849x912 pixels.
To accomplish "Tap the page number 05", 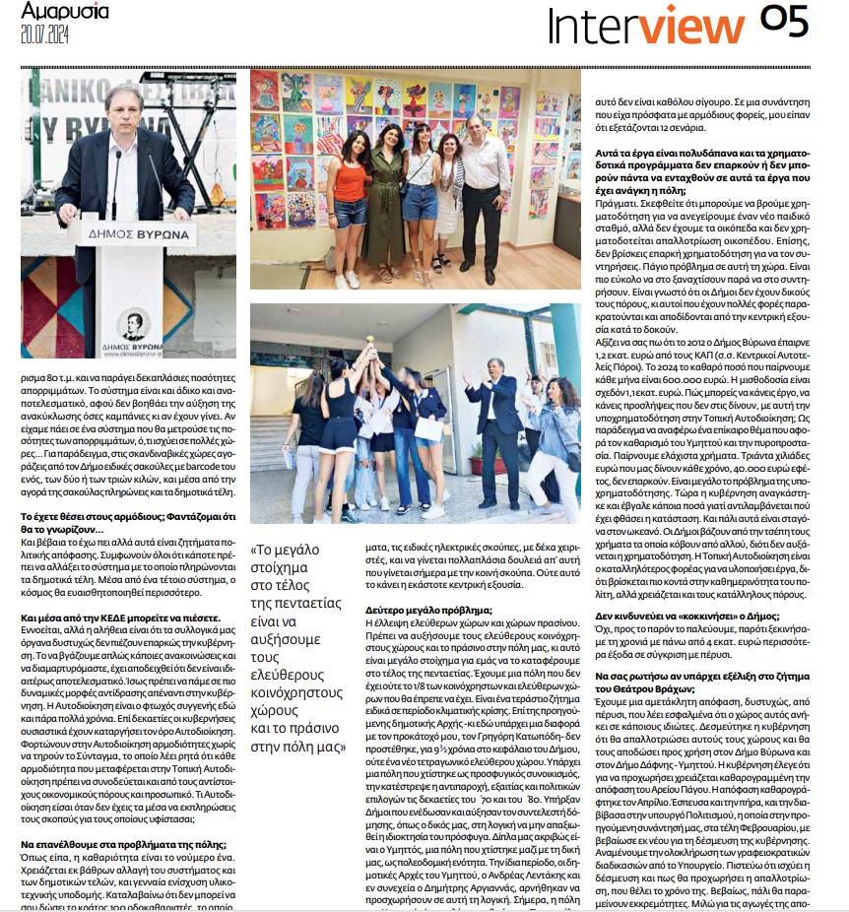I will coord(784,22).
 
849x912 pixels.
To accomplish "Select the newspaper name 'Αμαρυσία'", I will coord(65,12).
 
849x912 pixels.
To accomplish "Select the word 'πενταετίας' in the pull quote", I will coord(294,603).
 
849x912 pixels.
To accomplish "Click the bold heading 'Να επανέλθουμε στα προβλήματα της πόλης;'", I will coord(124,844).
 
